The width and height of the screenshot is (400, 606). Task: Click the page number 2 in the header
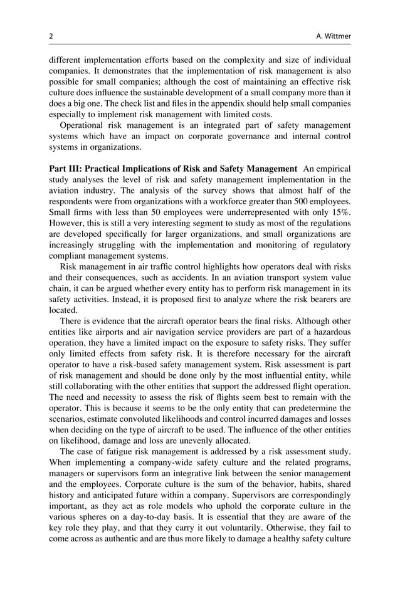pos(51,36)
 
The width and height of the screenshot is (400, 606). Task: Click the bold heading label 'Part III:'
pos(66,169)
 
